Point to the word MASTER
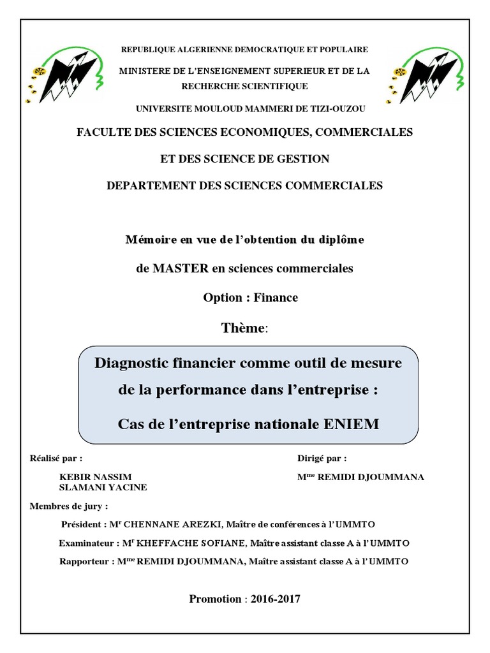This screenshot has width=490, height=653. pyautogui.click(x=181, y=268)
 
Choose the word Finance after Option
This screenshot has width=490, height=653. pyautogui.click(x=276, y=297)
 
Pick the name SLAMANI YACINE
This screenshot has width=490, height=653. pyautogui.click(x=103, y=487)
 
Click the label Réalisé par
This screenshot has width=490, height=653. pyautogui.click(x=56, y=458)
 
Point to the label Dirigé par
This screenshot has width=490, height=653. pyautogui.click(x=322, y=458)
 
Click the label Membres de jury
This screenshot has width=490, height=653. pyautogui.click(x=69, y=506)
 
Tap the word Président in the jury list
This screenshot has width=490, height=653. pyautogui.click(x=81, y=524)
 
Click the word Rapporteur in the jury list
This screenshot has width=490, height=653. pyautogui.click(x=84, y=562)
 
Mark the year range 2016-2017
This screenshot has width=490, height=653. pyautogui.click(x=275, y=599)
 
